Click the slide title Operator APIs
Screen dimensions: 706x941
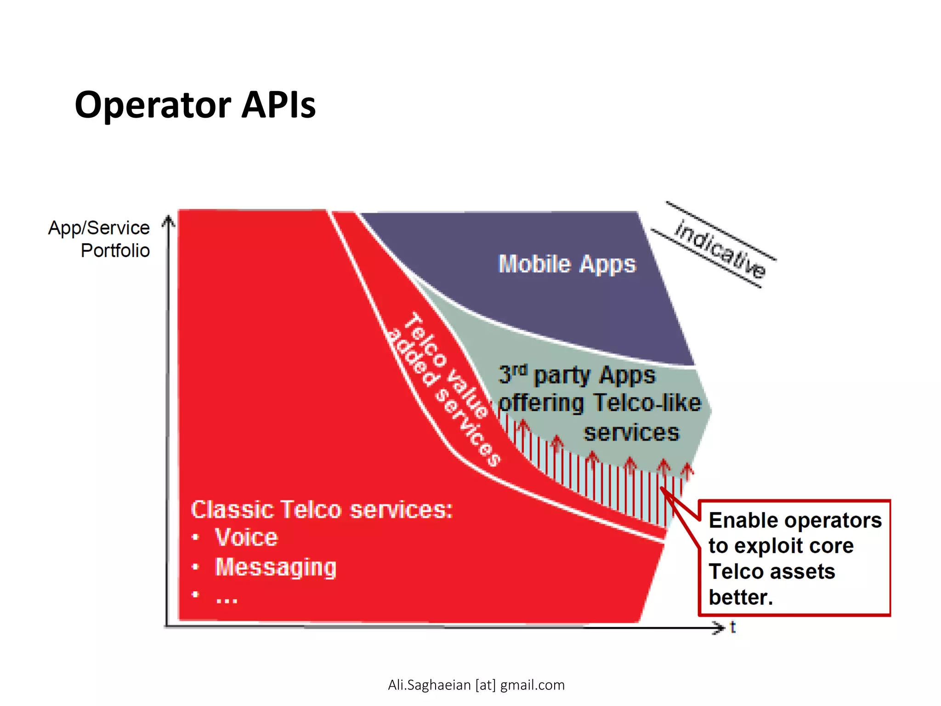(x=195, y=105)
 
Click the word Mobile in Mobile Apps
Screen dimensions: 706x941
(x=534, y=264)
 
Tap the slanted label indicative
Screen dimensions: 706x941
(x=720, y=250)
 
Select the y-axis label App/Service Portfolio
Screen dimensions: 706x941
(x=99, y=239)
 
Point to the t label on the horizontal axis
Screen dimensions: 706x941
(x=733, y=627)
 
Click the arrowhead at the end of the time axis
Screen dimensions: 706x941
(x=718, y=627)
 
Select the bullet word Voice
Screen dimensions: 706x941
(x=246, y=537)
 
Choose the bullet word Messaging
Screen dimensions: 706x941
(x=276, y=567)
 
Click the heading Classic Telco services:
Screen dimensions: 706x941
(x=322, y=509)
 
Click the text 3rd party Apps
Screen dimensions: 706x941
(x=577, y=375)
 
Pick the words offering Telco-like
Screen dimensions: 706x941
(x=600, y=403)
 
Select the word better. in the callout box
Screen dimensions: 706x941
(x=740, y=597)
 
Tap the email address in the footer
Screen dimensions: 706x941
(x=476, y=685)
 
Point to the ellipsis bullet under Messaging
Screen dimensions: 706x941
(x=227, y=598)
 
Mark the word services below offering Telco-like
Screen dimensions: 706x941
(x=631, y=433)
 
